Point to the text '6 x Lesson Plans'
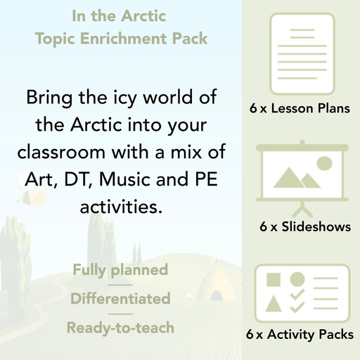[300, 108]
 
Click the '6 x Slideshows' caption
[304, 227]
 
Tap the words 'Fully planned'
[120, 270]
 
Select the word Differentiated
[120, 299]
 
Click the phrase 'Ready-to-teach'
[120, 328]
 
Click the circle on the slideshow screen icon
[324, 164]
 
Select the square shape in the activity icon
[274, 279]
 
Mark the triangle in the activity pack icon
[274, 304]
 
